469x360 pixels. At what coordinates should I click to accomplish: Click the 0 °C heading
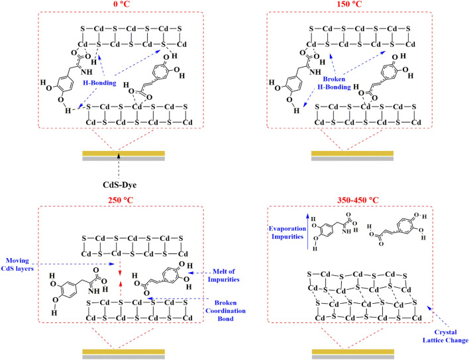121,4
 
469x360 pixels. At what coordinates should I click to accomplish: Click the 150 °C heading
349,4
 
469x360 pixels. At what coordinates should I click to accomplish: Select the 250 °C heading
121,200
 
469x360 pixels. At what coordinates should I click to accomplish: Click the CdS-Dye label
120,185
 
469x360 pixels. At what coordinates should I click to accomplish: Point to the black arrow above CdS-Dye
119,166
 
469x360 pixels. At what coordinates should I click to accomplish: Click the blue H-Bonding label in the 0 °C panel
99,83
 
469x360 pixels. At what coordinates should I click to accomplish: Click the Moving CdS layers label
17,265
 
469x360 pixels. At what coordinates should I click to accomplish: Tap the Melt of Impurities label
224,275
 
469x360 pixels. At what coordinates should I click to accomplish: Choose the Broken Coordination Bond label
225,311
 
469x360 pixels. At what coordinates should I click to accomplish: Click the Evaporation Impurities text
287,233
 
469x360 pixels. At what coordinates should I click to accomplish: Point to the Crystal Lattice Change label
445,336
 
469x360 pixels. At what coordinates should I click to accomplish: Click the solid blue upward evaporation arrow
308,232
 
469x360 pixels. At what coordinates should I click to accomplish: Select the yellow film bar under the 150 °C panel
352,154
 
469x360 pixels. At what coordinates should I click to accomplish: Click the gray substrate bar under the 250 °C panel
123,357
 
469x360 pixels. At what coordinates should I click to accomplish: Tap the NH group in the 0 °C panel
87,72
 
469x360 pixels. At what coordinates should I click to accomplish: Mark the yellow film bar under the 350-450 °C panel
353,351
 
